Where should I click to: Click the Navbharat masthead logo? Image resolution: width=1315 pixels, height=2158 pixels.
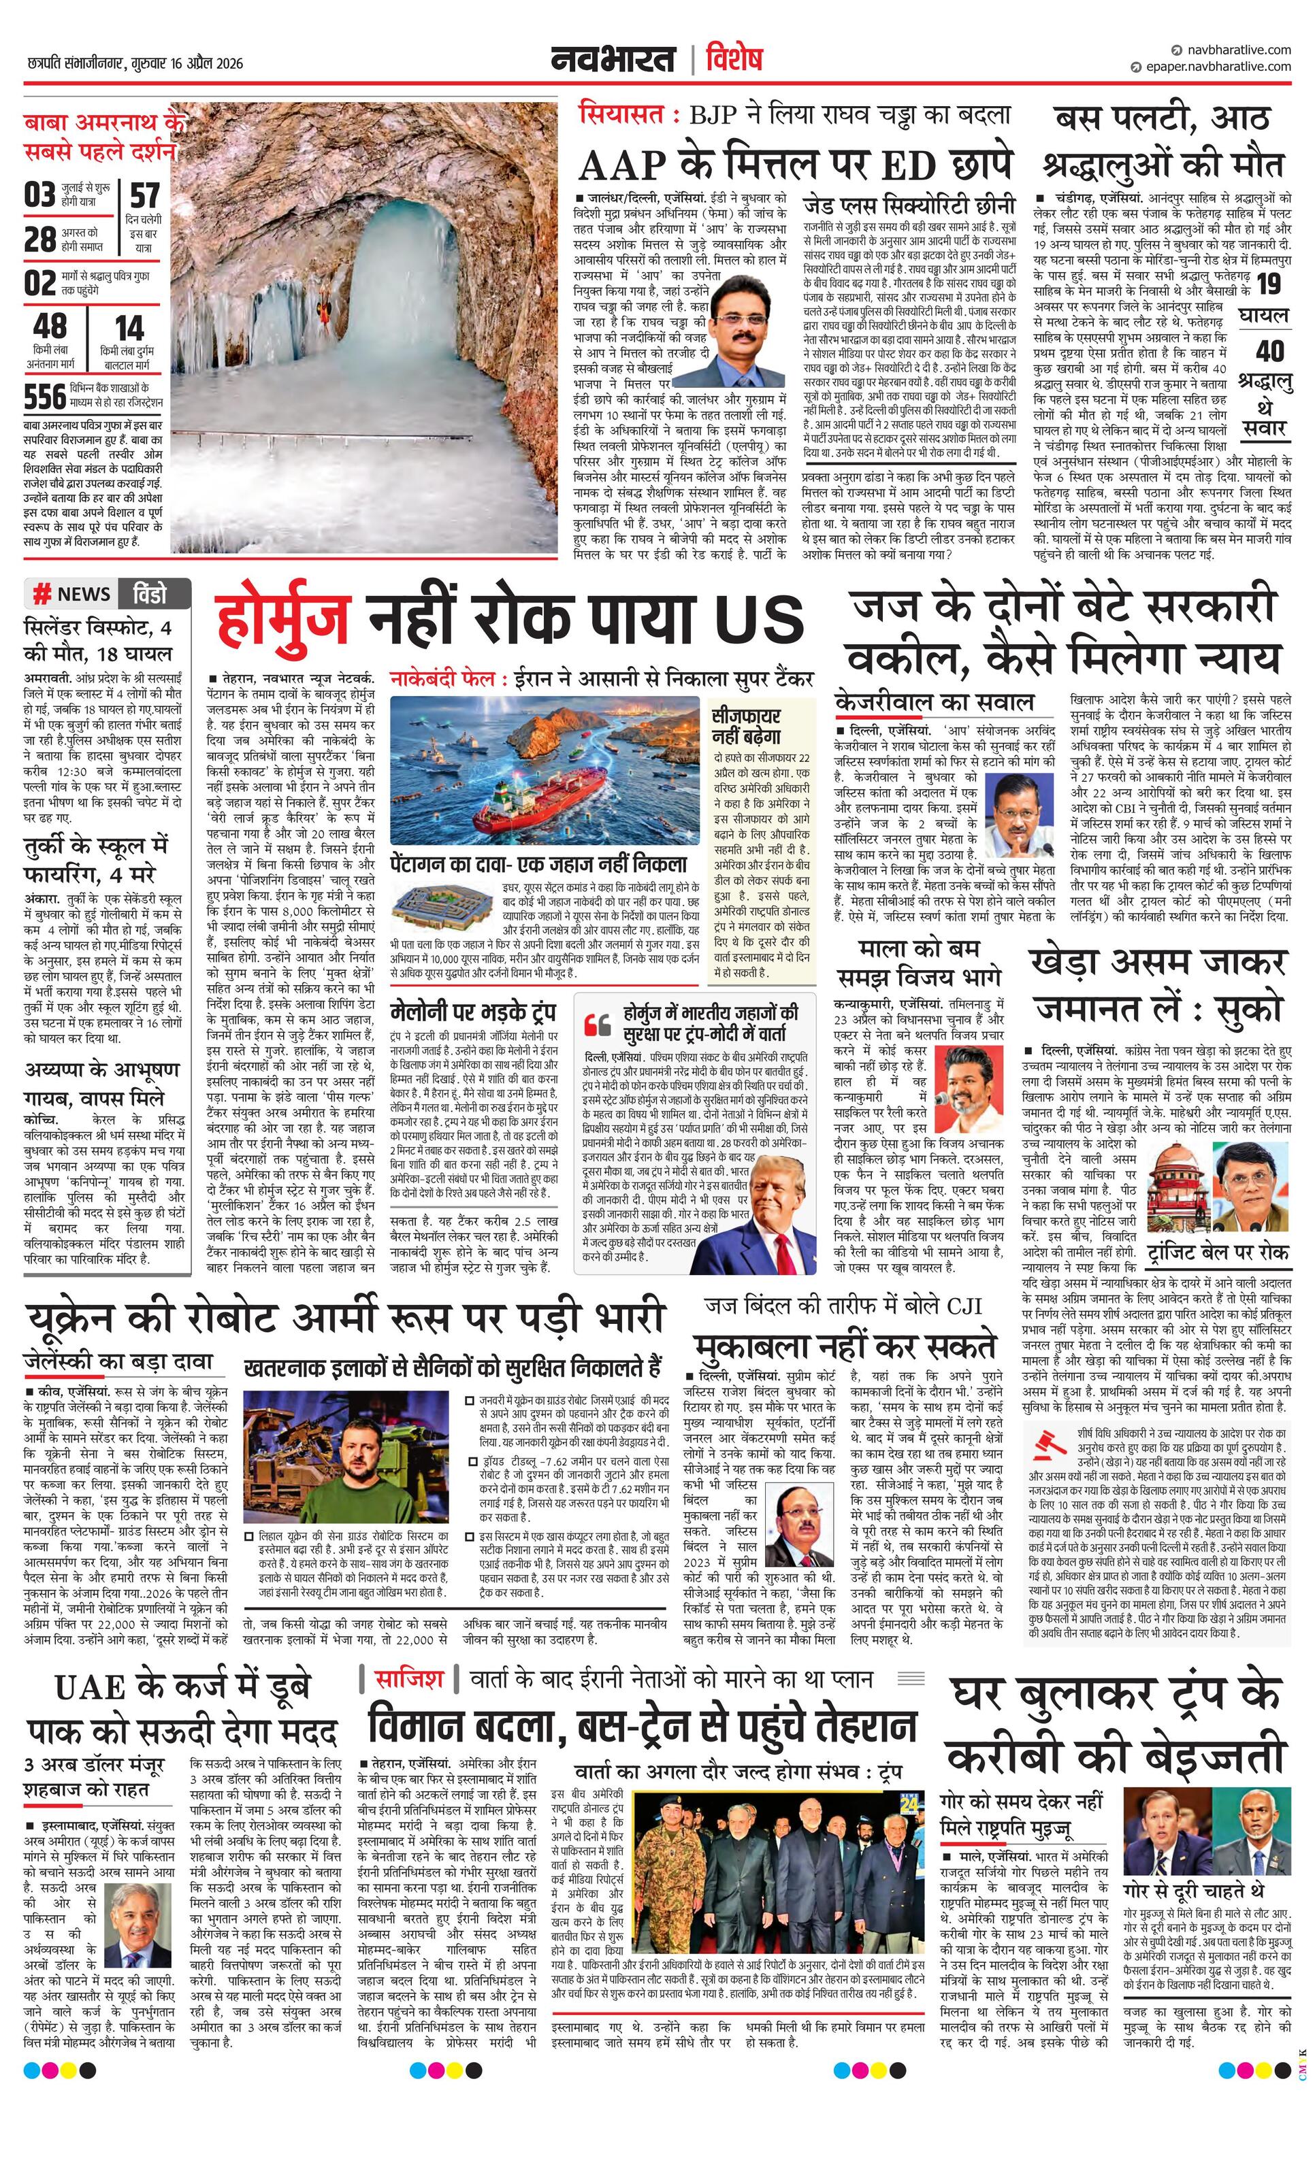(x=613, y=60)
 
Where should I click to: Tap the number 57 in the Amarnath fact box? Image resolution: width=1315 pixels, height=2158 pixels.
(x=144, y=195)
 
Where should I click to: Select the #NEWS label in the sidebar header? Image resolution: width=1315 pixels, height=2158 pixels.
(x=71, y=595)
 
